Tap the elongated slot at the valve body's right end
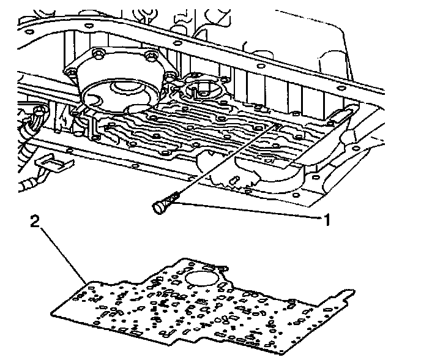tap(343, 113)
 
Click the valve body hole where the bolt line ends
tap(277, 126)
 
